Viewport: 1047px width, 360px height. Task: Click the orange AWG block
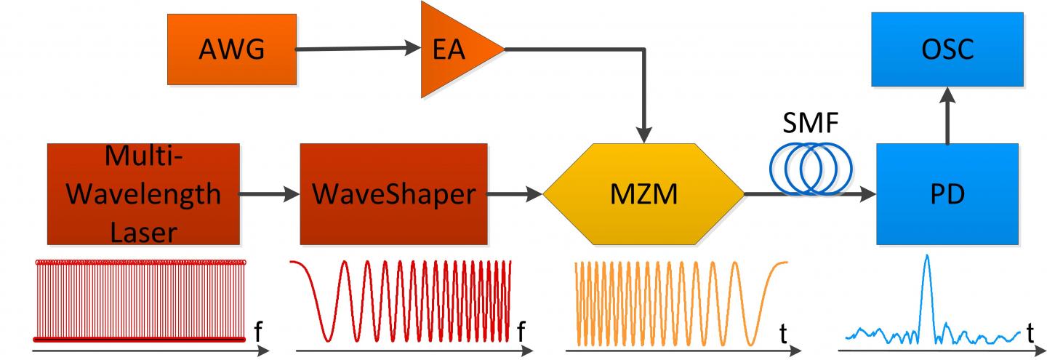click(x=232, y=49)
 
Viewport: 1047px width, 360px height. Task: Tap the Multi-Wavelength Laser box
click(x=143, y=193)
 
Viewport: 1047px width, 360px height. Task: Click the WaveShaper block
click(x=393, y=193)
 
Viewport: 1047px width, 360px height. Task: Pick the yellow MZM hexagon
click(x=644, y=194)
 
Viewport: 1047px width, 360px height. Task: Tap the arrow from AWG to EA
click(x=359, y=49)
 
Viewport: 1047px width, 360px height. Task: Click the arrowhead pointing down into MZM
click(x=644, y=135)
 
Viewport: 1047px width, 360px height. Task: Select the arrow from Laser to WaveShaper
click(x=270, y=194)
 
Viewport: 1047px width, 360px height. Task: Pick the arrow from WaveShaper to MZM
click(x=516, y=194)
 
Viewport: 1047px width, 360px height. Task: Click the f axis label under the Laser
click(x=260, y=333)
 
